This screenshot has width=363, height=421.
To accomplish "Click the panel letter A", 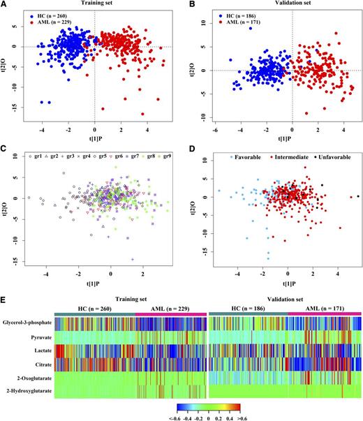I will [x=5, y=6].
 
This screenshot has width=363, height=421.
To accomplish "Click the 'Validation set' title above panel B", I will [x=276, y=5].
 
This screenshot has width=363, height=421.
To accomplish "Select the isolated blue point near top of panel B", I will [x=249, y=29].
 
